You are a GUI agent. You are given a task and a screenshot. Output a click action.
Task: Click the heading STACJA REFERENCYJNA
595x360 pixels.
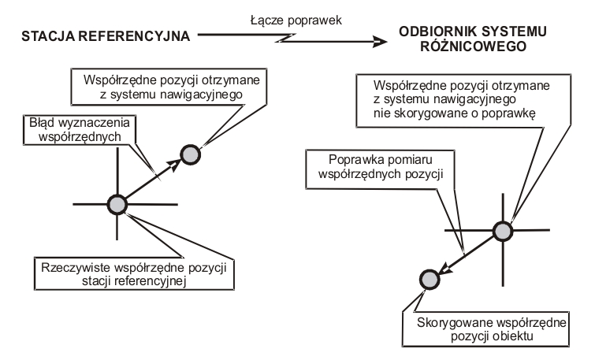coord(106,36)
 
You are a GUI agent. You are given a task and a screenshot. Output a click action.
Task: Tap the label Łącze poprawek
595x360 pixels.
coord(296,20)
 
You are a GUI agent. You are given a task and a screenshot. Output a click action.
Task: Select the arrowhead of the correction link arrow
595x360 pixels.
coord(380,42)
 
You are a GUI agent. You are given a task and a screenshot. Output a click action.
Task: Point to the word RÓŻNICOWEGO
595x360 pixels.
coord(473,46)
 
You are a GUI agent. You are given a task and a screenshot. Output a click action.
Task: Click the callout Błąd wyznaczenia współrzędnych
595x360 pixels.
coord(80,130)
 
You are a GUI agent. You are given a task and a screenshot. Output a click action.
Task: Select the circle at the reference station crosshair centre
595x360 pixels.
coord(117,205)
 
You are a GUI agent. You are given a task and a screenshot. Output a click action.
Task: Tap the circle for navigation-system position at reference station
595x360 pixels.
coord(190,154)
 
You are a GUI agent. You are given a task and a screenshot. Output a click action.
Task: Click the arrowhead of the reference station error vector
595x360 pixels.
coord(174,165)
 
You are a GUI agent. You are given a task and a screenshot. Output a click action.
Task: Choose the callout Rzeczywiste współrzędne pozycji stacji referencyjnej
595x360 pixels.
coord(134,274)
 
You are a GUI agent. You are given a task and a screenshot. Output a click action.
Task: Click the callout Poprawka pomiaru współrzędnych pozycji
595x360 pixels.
coord(380,169)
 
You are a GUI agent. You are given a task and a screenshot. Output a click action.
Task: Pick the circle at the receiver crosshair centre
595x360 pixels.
coord(503,231)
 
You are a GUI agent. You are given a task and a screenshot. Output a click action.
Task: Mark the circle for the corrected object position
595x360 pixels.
coord(430,280)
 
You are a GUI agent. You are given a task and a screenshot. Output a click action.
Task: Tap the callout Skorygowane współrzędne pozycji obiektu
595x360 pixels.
coord(486,329)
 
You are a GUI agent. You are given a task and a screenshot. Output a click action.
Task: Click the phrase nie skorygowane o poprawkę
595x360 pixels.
coord(454,113)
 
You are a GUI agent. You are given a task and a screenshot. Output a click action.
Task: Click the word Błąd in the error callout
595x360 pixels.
coord(39,123)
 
